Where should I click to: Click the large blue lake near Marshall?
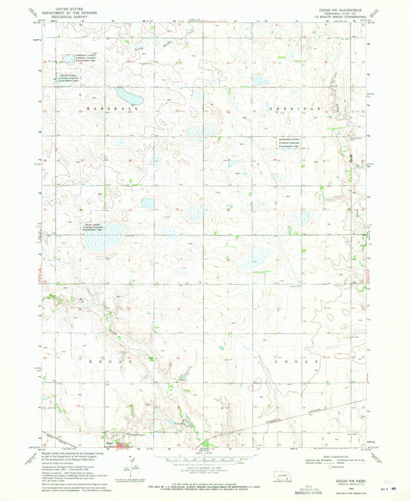point(128,98)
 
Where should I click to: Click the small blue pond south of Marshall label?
point(147,204)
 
